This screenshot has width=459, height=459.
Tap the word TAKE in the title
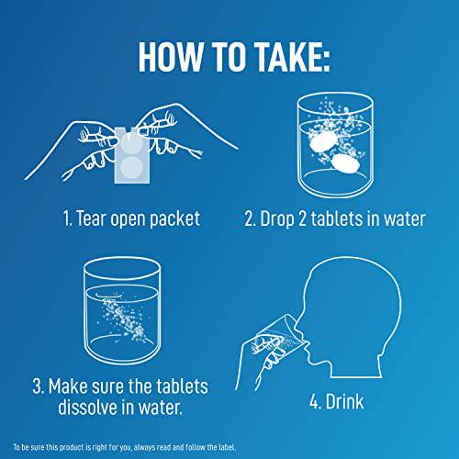[x=285, y=57]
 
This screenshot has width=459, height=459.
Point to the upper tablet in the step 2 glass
[x=323, y=140]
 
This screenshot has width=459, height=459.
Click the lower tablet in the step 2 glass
[x=345, y=164]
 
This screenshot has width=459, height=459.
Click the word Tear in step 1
[x=91, y=218]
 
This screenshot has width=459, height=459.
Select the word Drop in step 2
[x=276, y=219]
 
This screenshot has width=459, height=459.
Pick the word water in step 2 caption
[x=405, y=219]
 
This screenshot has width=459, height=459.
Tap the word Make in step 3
[x=68, y=386]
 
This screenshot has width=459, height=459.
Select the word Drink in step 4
[x=345, y=401]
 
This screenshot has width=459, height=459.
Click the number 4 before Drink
[x=314, y=402]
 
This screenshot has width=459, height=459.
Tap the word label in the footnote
[x=227, y=447]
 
